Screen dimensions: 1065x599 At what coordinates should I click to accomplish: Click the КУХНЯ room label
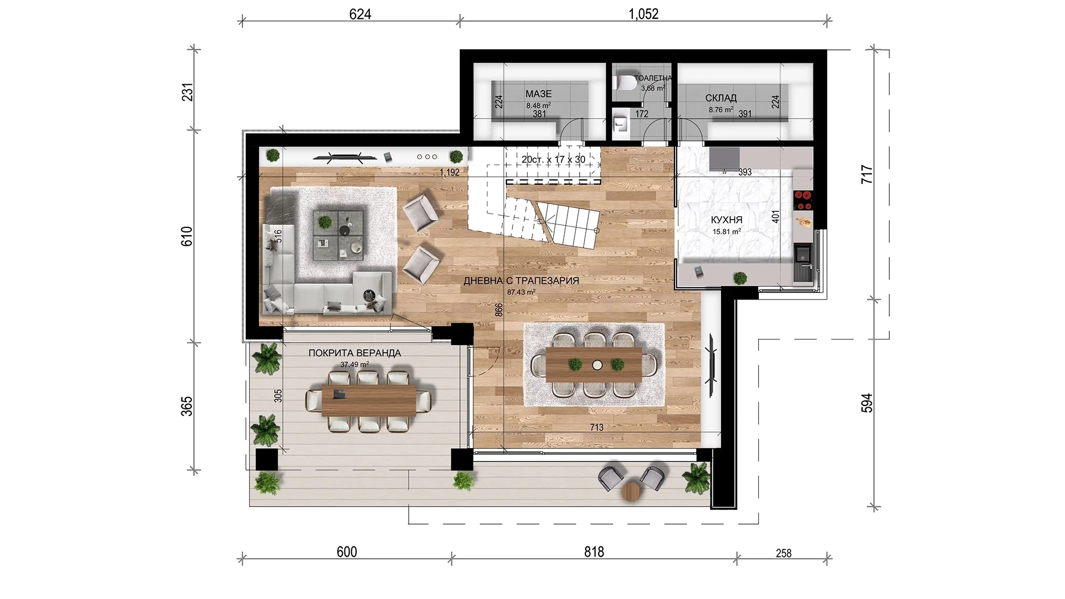pos(726,220)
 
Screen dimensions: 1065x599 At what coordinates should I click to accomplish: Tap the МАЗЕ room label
pos(539,94)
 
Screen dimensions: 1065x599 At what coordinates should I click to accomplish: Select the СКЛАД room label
pos(721,98)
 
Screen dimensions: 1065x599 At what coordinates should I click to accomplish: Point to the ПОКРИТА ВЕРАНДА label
pos(354,353)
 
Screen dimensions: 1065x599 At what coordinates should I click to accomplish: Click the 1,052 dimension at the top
pos(643,14)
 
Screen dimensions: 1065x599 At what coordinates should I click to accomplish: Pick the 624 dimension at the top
pos(360,14)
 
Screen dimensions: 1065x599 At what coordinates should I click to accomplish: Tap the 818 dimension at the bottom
pos(594,552)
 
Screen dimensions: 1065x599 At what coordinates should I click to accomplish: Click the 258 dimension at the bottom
pos(784,553)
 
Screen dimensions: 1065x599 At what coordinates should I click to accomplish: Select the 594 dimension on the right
pos(867,403)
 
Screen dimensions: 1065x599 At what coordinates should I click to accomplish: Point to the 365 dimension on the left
pos(187,406)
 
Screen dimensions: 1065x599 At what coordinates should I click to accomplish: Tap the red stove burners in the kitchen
pos(803,200)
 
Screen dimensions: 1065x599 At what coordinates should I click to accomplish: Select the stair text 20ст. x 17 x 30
pos(553,160)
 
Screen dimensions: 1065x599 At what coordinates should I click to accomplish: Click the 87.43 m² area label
pos(521,292)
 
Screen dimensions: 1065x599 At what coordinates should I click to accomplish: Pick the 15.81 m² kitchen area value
pos(727,232)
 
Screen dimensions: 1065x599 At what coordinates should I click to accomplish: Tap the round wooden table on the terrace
pos(632,491)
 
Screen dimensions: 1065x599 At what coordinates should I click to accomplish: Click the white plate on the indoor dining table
pos(597,365)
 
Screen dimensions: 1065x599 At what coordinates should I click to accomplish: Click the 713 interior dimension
pos(596,428)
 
